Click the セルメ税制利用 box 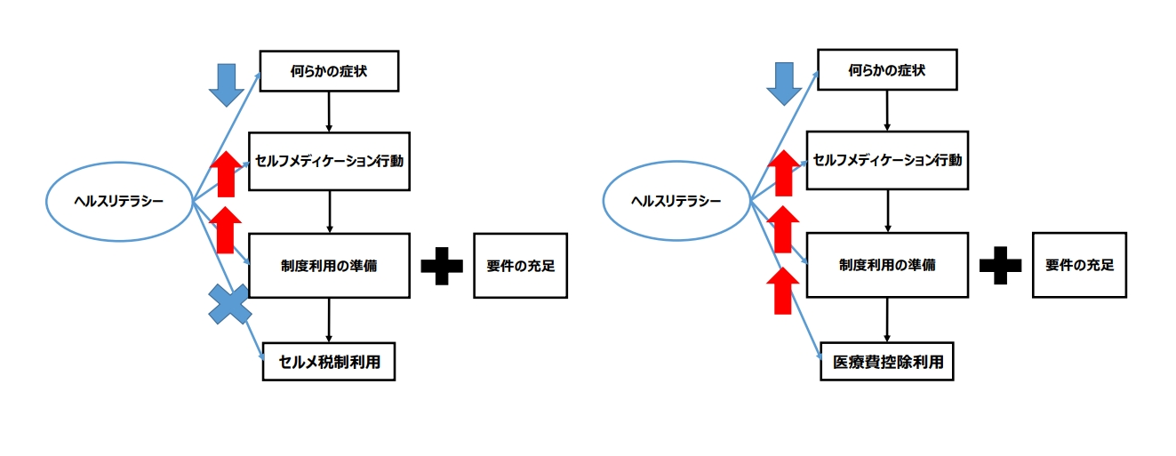click(328, 363)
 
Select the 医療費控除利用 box click(886, 363)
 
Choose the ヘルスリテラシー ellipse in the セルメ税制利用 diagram click(118, 202)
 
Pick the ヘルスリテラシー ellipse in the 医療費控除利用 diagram click(676, 202)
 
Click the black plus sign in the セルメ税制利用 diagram click(442, 265)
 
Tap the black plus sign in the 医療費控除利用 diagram click(1000, 265)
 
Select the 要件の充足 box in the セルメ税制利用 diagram click(521, 265)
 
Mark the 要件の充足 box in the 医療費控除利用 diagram click(1079, 265)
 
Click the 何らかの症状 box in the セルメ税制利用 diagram click(329, 70)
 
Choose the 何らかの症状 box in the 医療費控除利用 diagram click(887, 70)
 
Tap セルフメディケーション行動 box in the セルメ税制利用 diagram click(329, 161)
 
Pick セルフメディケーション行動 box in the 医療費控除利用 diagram click(887, 161)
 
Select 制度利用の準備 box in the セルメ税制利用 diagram click(329, 265)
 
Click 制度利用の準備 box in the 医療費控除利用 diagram click(887, 265)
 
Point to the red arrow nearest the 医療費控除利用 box click(783, 290)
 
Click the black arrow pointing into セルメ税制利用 click(330, 321)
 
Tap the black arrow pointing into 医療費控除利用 click(888, 321)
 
